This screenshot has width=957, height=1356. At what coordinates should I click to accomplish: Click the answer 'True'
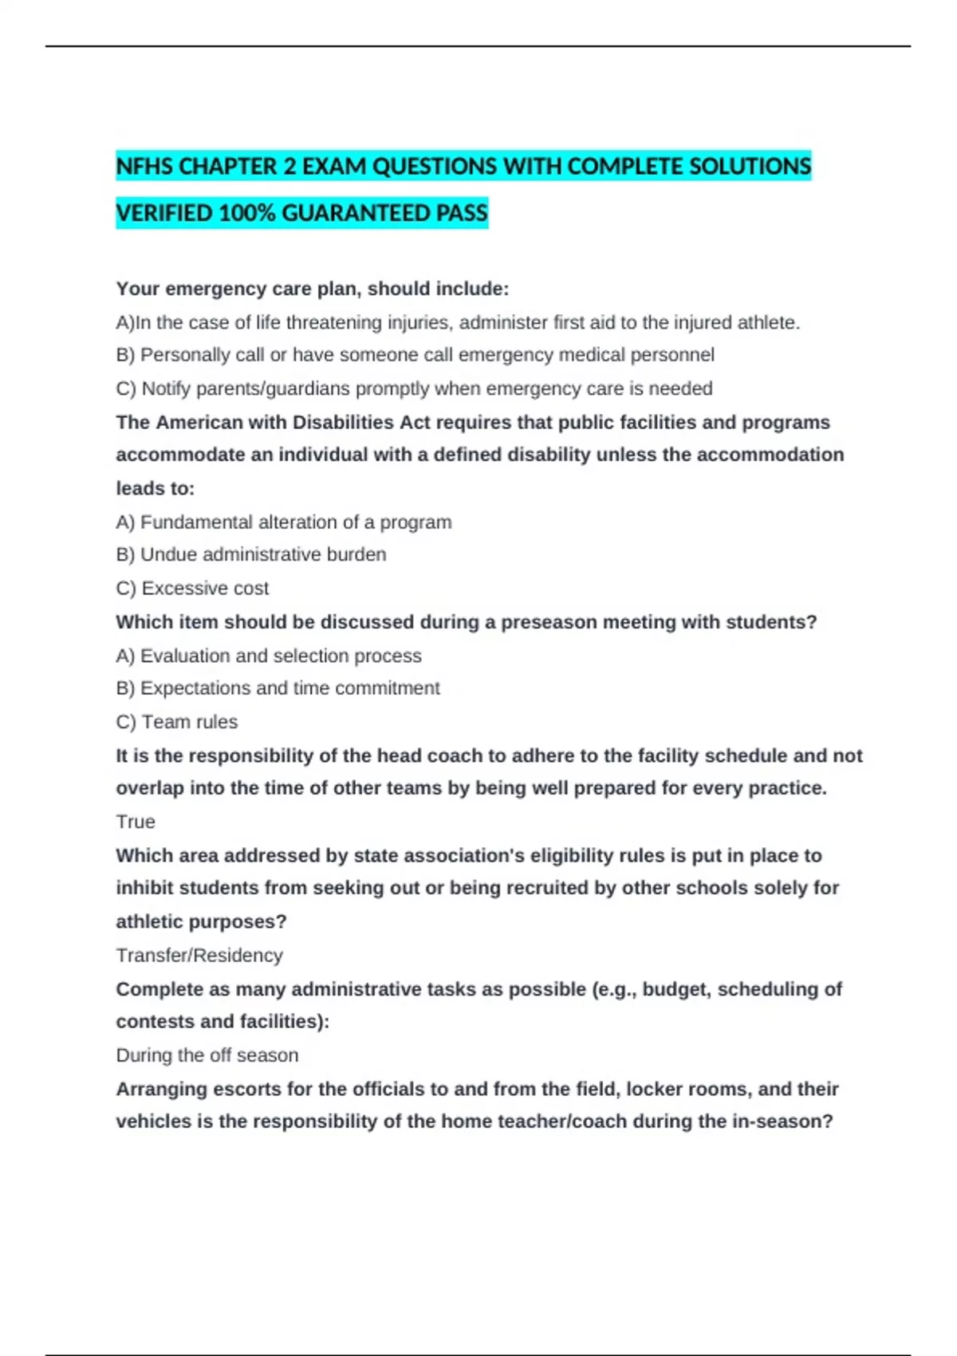pos(136,822)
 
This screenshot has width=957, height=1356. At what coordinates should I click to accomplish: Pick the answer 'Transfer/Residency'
pos(199,955)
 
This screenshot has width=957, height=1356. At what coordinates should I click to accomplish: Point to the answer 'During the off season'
pos(207,1055)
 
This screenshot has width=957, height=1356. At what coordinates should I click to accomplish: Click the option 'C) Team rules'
pos(177,722)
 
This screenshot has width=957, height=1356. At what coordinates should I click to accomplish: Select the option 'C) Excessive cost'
pos(192,588)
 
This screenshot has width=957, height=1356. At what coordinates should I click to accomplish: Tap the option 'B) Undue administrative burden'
pos(251,554)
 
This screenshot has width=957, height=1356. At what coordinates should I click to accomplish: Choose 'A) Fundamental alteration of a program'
pos(284,522)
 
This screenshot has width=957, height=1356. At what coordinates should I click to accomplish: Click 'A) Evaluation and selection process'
pos(269,656)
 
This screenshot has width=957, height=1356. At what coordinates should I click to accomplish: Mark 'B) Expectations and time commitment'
pos(278,688)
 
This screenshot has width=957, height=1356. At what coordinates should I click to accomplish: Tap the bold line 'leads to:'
pos(156,488)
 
